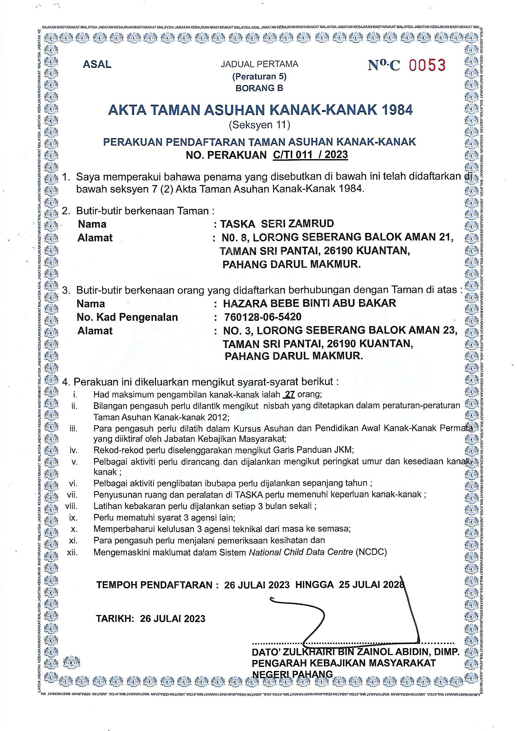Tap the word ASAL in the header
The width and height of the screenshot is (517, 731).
[x=97, y=65]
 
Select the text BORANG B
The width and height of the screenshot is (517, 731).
[x=259, y=88]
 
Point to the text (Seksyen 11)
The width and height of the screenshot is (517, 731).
[x=259, y=125]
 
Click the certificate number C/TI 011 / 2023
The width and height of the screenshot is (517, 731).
[x=310, y=155]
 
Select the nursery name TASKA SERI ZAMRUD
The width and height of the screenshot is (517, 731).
[x=277, y=224]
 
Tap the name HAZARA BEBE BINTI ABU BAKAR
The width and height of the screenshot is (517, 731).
[x=309, y=303]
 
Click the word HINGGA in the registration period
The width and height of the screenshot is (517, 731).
[x=314, y=585]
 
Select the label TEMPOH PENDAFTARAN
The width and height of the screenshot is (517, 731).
[x=154, y=585]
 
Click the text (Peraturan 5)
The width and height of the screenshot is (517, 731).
[x=259, y=76]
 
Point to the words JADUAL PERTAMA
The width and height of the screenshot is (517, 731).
[x=259, y=65]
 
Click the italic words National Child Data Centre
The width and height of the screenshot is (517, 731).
[x=301, y=552]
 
